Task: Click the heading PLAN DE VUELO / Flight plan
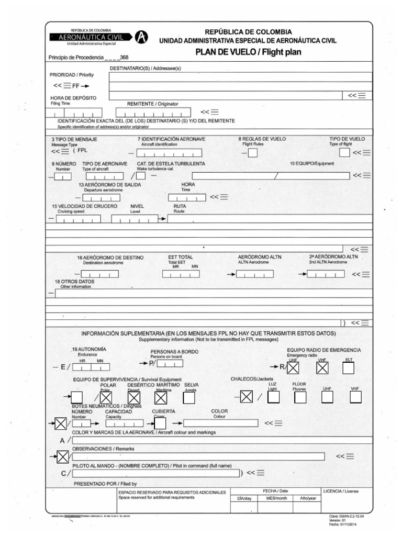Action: pos(248,52)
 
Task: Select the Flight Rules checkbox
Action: pos(252,153)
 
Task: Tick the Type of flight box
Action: pos(344,152)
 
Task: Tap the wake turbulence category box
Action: pos(141,175)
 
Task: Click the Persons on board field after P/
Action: pos(170,363)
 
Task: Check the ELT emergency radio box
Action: pos(349,368)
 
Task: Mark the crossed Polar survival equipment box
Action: pos(106,398)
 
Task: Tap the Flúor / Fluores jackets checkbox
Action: pos(300,398)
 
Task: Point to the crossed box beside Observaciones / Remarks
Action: pos(63,457)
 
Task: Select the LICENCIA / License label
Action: pos(341,492)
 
